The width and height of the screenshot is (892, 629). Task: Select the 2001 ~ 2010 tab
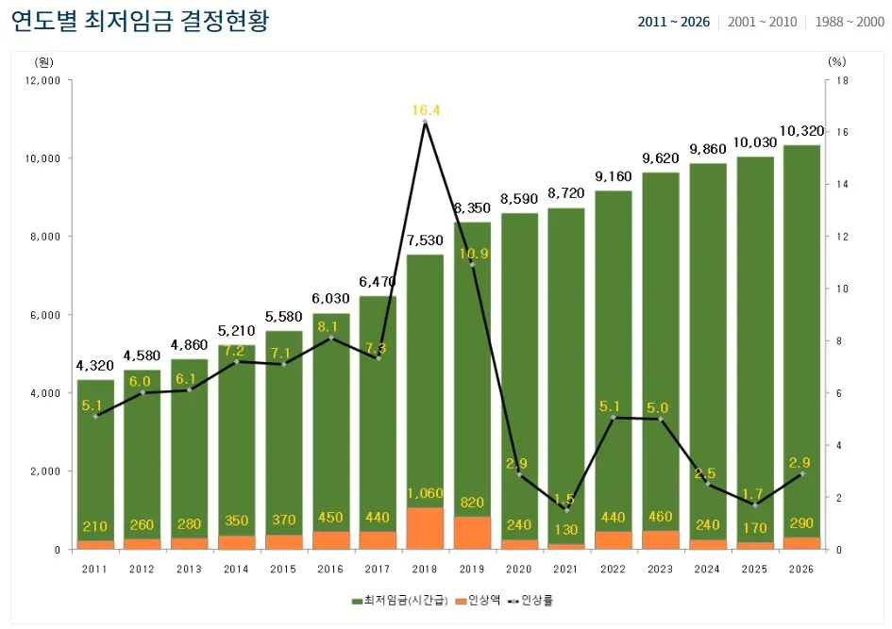pos(762,22)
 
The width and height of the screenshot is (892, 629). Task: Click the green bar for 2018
pos(425,377)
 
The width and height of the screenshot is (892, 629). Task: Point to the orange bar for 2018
pos(425,528)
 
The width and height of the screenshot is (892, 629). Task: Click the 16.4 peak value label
pos(426,110)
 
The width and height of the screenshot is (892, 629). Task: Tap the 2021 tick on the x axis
pos(566,569)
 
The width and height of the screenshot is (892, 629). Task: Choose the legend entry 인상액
pos(480,600)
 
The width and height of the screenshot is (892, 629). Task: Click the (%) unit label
pos(837,61)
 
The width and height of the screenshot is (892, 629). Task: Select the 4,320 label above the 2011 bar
pos(95,366)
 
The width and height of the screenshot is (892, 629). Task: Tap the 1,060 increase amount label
pos(425,493)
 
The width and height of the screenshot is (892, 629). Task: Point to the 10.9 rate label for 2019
pos(473,254)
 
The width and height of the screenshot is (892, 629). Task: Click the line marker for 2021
pos(566,509)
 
